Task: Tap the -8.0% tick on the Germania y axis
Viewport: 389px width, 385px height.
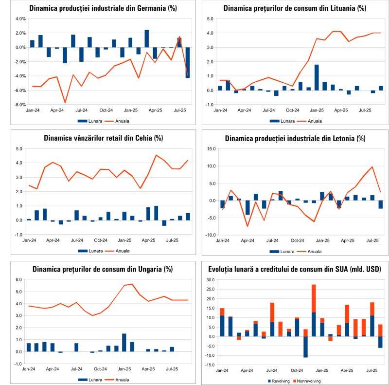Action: point(20,105)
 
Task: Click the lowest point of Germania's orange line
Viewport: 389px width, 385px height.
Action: point(65,102)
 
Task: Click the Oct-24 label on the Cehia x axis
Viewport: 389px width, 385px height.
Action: point(101,240)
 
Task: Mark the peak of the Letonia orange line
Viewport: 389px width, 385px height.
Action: point(372,167)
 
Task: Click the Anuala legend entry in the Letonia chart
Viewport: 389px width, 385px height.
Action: point(315,252)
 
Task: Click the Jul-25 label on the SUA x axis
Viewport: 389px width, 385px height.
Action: point(372,370)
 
